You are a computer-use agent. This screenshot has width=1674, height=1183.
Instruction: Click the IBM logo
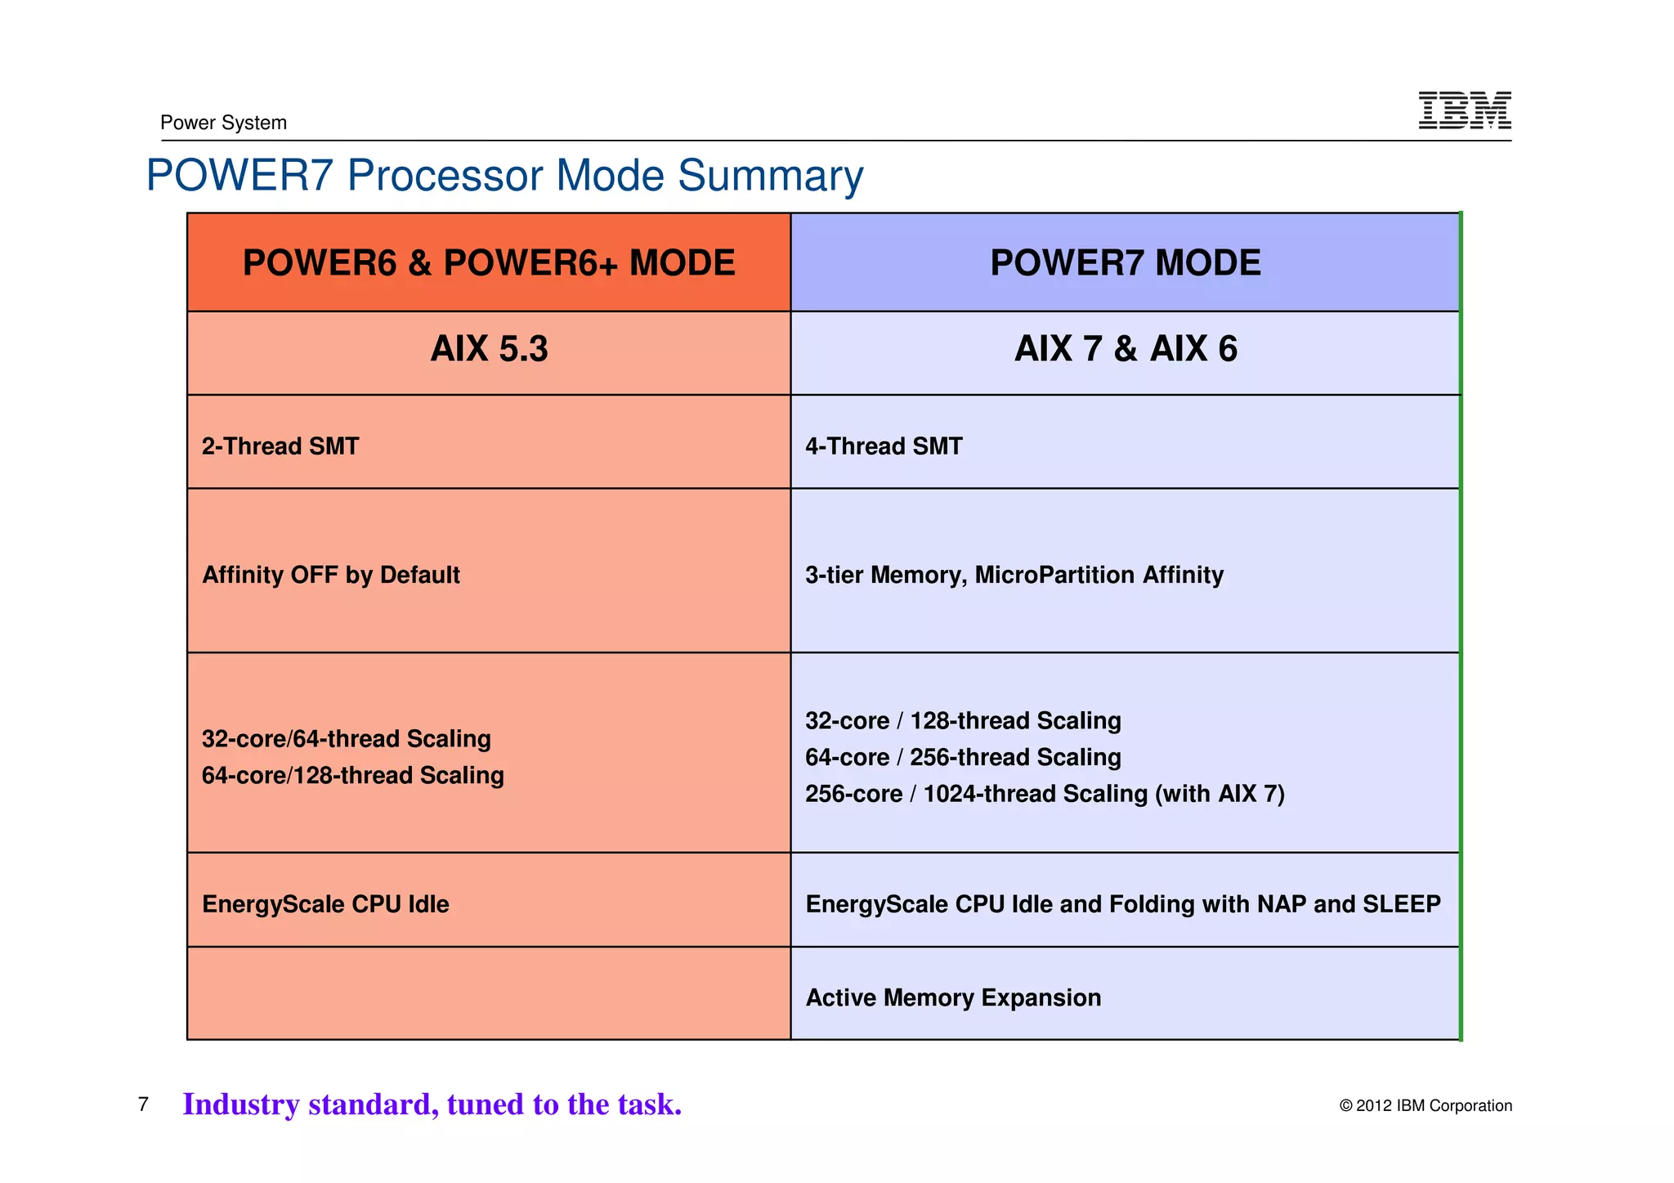[1464, 110]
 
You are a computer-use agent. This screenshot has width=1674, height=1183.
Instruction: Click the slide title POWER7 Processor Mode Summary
[504, 175]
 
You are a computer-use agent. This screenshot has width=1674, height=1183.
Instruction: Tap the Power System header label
[223, 123]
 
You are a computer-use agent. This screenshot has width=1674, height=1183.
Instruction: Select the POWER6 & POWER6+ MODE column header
[489, 262]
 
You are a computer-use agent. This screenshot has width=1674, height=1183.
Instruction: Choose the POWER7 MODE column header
[1125, 262]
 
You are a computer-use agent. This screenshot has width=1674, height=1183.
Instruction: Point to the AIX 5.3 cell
[489, 349]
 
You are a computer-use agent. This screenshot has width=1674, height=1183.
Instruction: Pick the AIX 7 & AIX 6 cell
[1125, 349]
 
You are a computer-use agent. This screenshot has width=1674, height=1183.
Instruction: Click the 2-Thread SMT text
[280, 446]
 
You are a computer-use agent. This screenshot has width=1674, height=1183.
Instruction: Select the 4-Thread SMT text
[884, 446]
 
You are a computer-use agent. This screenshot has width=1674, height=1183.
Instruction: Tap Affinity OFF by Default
[330, 575]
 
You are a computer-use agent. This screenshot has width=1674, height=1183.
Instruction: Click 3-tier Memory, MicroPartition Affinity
[1014, 575]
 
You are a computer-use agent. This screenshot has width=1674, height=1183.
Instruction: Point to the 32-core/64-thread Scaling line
[346, 739]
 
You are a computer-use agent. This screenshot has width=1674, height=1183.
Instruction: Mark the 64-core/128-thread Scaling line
[352, 775]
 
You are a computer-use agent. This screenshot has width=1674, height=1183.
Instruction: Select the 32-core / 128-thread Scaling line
[963, 721]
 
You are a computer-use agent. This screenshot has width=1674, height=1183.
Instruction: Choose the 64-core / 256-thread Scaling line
[963, 758]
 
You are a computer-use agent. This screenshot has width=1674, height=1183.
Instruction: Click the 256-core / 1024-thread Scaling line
[1045, 794]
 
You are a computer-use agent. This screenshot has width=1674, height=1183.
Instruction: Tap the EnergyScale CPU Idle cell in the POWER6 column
[325, 904]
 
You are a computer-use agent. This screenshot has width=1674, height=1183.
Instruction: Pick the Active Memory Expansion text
[953, 998]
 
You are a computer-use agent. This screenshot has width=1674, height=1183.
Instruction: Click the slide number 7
[144, 1105]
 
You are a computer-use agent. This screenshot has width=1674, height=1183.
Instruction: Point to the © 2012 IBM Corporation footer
[1425, 1106]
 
